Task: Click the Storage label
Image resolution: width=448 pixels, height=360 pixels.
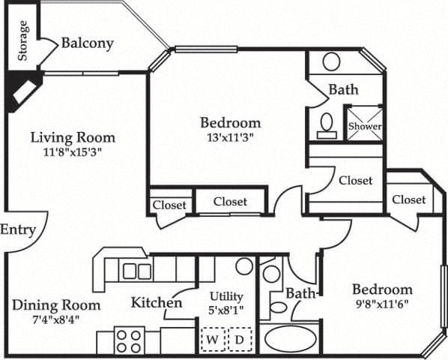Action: pos(23,40)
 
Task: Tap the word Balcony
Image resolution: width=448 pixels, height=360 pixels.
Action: pos(87,43)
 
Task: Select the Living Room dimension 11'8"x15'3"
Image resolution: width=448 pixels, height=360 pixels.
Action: pos(72,151)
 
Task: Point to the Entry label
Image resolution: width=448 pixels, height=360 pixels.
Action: pos(17,229)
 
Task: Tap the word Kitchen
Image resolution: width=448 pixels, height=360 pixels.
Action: pos(157,303)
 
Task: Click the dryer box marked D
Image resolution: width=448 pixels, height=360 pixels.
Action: pos(239,340)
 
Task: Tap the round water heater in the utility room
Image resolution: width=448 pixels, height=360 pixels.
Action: pos(243,265)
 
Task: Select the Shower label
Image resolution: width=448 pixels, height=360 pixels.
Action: pos(364,127)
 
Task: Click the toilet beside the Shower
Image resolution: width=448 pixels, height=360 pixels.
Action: pos(327,125)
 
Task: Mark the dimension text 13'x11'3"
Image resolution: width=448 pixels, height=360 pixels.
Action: pos(230,136)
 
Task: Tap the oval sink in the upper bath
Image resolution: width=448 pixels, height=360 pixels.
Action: pos(331,61)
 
